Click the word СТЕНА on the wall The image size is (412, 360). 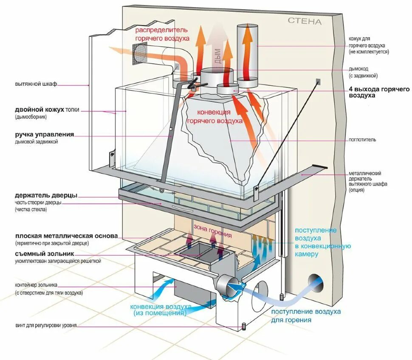click(x=305, y=21)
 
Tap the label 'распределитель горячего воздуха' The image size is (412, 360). click(x=162, y=34)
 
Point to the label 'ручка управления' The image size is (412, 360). click(x=44, y=134)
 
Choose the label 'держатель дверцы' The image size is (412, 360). click(x=46, y=196)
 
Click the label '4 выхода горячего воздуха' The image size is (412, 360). click(x=379, y=93)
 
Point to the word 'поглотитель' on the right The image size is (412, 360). click(x=362, y=139)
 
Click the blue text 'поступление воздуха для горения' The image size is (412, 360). click(x=306, y=315)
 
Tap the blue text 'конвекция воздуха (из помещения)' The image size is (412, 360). click(x=161, y=309)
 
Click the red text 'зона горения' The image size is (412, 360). click(x=213, y=231)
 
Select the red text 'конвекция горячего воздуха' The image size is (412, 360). click(x=214, y=116)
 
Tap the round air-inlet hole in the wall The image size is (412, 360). click(x=316, y=282)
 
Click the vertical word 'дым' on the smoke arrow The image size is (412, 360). click(x=218, y=55)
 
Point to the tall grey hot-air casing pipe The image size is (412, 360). click(x=247, y=51)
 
